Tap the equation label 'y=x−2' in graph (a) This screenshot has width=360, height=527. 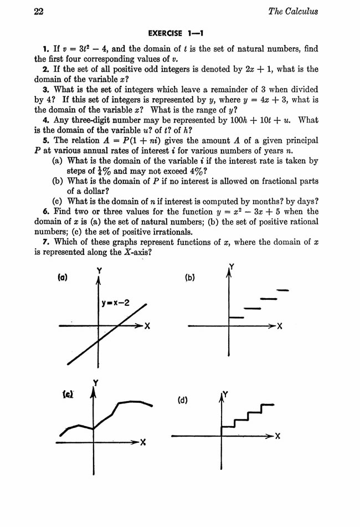click(x=116, y=303)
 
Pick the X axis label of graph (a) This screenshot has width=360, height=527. click(x=148, y=326)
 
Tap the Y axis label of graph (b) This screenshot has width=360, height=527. click(x=231, y=267)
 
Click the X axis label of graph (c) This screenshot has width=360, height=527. click(x=142, y=442)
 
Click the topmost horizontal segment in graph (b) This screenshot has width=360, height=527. click(x=282, y=290)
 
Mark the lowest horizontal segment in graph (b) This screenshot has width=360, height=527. click(x=236, y=317)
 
